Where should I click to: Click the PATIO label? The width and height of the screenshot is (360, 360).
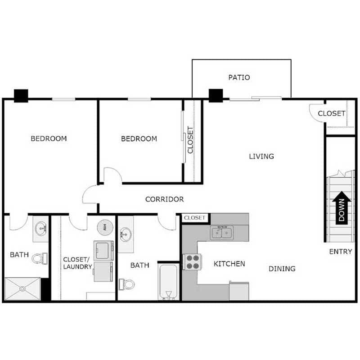click(239, 77)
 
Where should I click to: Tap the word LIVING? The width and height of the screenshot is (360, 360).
click(261, 157)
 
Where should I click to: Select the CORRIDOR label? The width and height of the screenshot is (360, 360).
click(164, 199)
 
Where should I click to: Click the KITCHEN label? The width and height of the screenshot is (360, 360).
click(229, 263)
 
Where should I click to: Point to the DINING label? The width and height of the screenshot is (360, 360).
click(282, 269)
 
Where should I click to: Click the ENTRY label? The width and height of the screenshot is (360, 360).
click(340, 252)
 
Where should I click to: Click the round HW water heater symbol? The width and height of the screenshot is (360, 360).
click(105, 226)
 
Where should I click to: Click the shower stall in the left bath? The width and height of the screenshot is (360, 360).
click(22, 289)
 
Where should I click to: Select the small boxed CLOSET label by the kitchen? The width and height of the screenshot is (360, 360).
click(195, 218)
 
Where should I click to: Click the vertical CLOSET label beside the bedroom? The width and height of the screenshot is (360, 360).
click(190, 140)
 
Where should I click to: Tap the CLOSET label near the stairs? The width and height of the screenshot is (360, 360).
click(332, 114)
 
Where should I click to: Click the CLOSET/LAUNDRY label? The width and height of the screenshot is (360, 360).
click(77, 263)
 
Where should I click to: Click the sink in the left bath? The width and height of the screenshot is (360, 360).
click(41, 228)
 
